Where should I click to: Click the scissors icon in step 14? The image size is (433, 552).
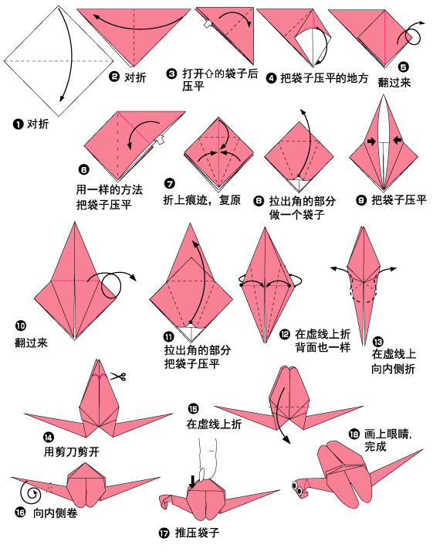pos(117,377)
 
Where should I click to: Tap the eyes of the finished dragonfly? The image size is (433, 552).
pos(297,487)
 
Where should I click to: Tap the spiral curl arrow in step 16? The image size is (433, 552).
pos(32,490)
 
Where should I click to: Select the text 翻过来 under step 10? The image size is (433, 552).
pos(31,342)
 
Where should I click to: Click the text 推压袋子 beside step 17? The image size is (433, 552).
pos(196,533)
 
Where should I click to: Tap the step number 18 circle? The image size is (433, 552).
pos(354,434)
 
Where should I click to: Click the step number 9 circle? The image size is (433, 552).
pos(361,199)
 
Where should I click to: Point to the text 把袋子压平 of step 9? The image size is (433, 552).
pos(399,199)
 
